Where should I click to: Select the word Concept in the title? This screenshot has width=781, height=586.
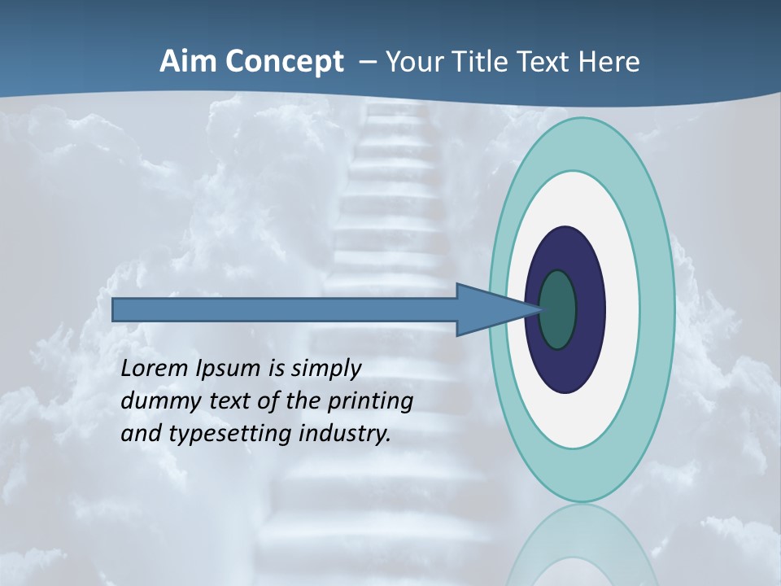285,62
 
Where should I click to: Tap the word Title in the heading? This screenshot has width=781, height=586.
481,62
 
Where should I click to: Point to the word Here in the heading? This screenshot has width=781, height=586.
609,62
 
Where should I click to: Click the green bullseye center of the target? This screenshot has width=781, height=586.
558,310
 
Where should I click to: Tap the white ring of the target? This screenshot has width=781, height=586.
622,310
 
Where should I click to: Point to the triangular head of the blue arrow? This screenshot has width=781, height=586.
488,310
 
